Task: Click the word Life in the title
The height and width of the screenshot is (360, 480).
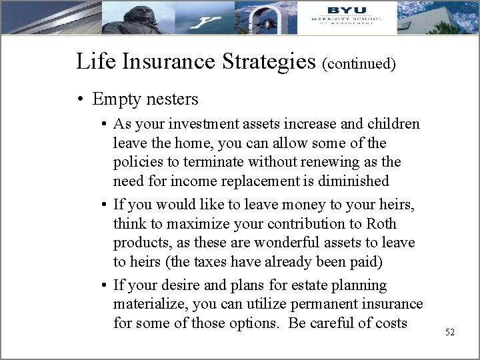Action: pyautogui.click(x=92, y=61)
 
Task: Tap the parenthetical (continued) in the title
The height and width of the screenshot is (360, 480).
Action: pyautogui.click(x=359, y=64)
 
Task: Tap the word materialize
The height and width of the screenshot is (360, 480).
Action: pyautogui.click(x=147, y=305)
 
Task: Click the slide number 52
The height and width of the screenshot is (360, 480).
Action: pyautogui.click(x=449, y=332)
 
